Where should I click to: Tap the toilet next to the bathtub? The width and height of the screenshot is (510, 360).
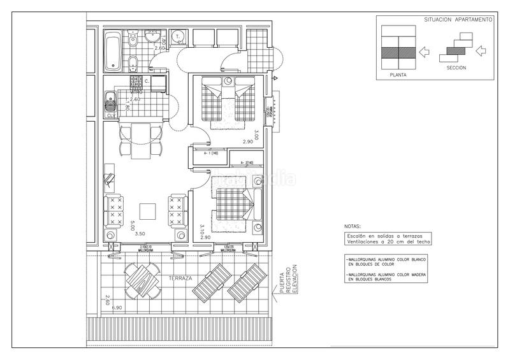[x=133, y=40]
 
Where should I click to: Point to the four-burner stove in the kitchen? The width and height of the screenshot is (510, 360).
[x=136, y=83]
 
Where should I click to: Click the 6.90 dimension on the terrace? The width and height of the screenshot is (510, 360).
[x=117, y=308]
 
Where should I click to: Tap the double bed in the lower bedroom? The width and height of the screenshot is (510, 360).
[x=233, y=206]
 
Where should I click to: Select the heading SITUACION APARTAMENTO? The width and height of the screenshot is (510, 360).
[x=458, y=20]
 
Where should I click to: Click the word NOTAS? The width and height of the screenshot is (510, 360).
[x=351, y=226]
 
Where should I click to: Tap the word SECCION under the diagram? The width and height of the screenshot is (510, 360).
[x=456, y=68]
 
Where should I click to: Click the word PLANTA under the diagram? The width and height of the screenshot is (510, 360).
[x=399, y=75]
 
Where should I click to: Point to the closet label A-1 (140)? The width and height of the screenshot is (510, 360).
[x=211, y=154]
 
